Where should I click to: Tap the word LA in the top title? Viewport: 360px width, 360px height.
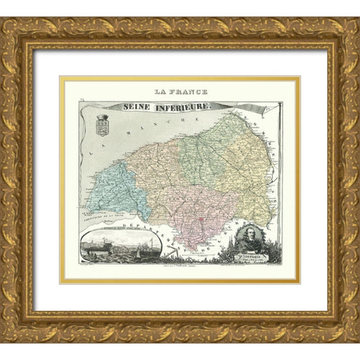click(161, 92)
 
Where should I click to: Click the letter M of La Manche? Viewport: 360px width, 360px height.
click(122, 147)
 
